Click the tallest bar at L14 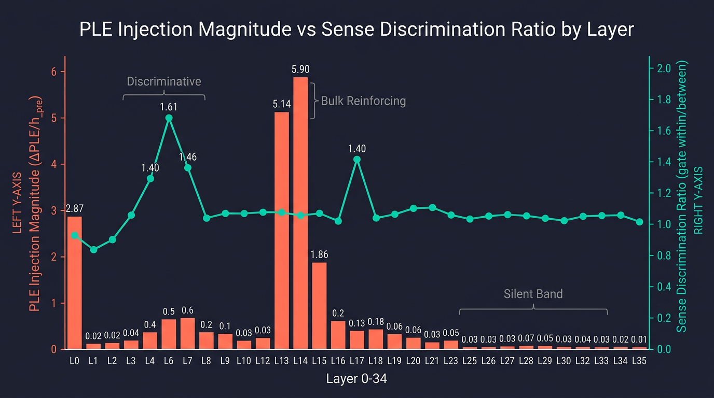coord(300,212)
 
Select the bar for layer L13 coord(282,230)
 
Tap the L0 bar coord(75,282)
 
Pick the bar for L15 coord(319,306)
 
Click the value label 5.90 coord(301,69)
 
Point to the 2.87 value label coord(75,208)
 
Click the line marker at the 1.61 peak coord(169,118)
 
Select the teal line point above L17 coord(356,160)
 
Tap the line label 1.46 coord(188,157)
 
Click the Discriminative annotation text coord(164,81)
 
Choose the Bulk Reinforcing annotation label coord(363,101)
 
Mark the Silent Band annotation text coord(533,294)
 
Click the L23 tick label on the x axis coord(451,361)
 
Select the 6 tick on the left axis coord(54,72)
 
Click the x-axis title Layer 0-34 coord(356,379)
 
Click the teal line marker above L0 coord(75,235)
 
